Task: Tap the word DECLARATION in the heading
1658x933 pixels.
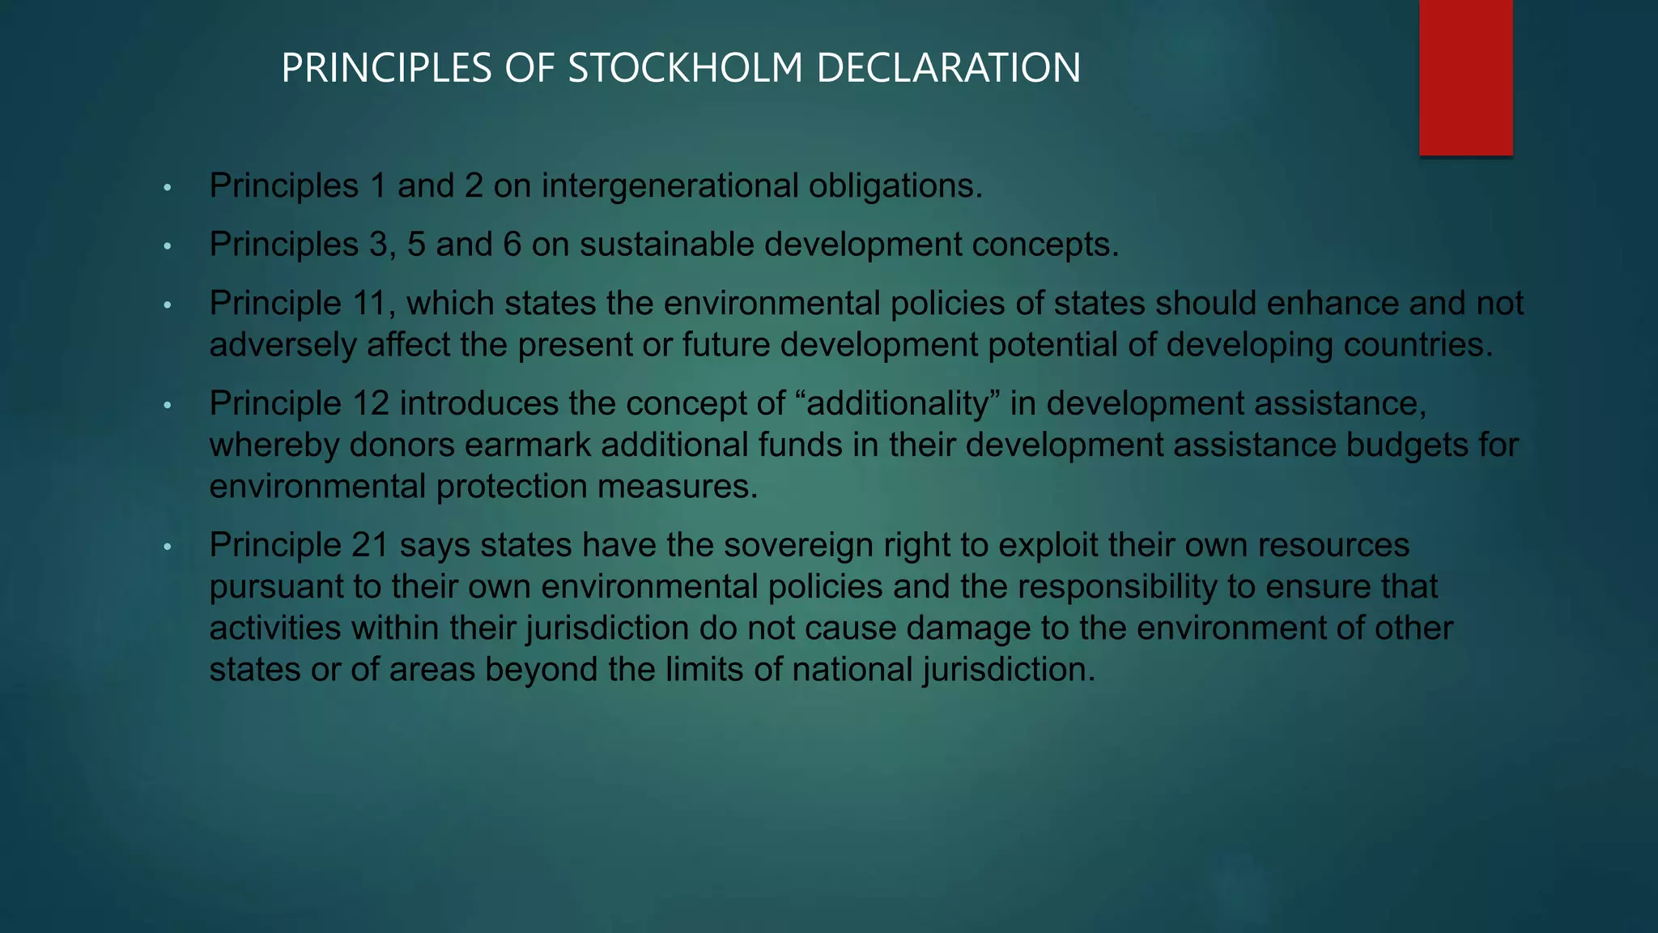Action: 948,68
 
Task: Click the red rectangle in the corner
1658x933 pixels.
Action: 1465,77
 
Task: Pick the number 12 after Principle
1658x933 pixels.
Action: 370,403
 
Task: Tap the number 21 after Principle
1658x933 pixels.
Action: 370,545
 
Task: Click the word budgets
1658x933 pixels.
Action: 1407,445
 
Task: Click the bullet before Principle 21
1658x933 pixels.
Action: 168,547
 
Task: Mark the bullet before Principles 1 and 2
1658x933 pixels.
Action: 168,188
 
